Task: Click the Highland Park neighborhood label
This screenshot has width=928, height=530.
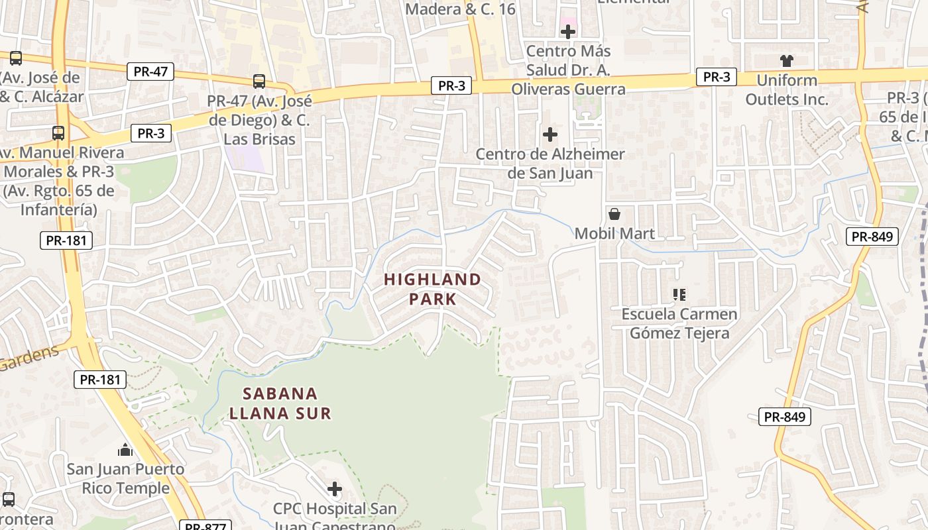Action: coord(432,289)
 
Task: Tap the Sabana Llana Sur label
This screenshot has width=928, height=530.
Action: coord(280,403)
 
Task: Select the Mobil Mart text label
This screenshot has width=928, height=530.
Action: coord(614,233)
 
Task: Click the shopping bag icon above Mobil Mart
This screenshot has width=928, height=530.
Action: coord(614,214)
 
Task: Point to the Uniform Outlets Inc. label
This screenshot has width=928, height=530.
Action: coord(787,90)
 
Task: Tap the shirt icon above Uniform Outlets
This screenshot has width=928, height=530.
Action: coord(787,61)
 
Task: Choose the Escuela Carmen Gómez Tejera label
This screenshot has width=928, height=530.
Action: coord(679,323)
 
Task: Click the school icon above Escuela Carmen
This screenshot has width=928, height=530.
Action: coord(679,294)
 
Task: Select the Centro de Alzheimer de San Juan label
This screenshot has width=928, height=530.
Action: coord(550,164)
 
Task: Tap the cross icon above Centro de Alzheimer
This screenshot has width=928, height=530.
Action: coord(550,134)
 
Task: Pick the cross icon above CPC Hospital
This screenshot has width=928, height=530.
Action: coord(335,489)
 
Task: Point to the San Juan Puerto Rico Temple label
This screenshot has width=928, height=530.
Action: coord(125,479)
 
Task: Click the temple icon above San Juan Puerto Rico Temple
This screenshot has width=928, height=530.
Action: coord(125,451)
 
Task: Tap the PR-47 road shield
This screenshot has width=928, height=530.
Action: coord(150,72)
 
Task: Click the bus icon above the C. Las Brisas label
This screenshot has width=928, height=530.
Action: coord(259,81)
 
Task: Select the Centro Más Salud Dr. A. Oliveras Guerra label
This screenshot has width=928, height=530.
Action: coord(568,70)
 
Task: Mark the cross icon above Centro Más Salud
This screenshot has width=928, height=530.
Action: coord(568,32)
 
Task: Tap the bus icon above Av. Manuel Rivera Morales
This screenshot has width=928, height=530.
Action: coord(58,133)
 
